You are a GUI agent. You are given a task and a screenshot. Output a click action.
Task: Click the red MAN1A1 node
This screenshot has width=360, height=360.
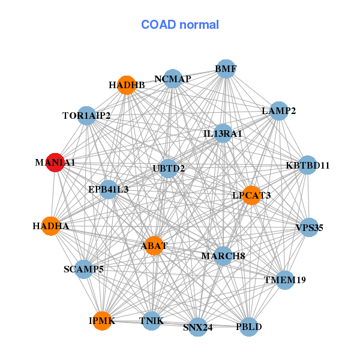click(x=55, y=163)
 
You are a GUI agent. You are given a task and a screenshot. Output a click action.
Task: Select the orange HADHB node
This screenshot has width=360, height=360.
click(x=127, y=85)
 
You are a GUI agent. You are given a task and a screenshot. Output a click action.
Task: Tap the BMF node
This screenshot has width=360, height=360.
click(x=226, y=69)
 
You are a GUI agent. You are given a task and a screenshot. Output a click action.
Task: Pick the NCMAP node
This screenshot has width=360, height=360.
click(x=173, y=79)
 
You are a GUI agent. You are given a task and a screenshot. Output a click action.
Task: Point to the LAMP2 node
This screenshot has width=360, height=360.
click(x=279, y=110)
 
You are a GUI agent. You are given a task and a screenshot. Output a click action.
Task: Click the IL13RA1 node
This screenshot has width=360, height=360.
click(x=223, y=133)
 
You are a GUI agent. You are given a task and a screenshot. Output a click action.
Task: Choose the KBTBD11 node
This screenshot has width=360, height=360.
click(x=307, y=165)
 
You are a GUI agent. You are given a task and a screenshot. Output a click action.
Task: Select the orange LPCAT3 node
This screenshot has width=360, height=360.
click(x=251, y=195)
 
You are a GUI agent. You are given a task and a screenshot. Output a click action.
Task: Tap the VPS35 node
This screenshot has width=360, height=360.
click(x=309, y=227)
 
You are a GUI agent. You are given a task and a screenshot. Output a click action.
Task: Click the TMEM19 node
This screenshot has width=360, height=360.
click(x=285, y=280)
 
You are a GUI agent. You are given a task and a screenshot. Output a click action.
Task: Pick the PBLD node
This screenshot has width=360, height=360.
click(x=249, y=327)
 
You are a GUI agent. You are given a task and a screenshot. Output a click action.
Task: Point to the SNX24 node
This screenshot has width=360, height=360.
click(x=197, y=327)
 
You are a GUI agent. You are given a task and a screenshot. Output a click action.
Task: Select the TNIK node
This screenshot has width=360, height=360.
click(x=152, y=321)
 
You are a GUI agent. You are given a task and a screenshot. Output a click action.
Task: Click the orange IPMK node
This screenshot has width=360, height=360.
click(x=102, y=321)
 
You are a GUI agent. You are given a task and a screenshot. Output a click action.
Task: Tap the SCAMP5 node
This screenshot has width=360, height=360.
click(x=84, y=269)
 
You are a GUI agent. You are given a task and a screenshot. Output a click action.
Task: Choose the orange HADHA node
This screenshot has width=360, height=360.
click(x=51, y=226)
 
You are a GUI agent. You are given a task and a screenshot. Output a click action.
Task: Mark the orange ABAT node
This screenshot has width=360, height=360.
click(x=154, y=245)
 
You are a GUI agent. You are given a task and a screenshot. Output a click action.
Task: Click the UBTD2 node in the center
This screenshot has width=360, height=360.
click(x=169, y=169)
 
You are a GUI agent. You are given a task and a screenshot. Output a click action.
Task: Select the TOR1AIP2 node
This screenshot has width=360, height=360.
click(x=86, y=115)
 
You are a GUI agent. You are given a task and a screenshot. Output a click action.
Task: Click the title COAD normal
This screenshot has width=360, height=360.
click(x=180, y=25)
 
